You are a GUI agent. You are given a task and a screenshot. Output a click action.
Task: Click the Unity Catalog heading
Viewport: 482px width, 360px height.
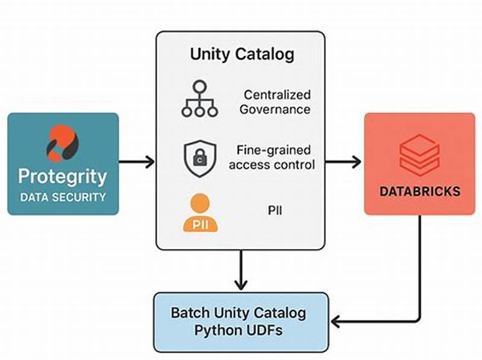click(242, 54)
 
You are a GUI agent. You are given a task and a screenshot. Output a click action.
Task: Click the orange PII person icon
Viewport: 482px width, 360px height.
click(199, 213)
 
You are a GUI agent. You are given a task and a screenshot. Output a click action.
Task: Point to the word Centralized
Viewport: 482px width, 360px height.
click(277, 95)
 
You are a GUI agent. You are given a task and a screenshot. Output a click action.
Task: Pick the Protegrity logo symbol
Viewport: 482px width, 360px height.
click(62, 144)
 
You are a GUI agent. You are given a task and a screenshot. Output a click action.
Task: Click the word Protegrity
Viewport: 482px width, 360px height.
click(62, 177)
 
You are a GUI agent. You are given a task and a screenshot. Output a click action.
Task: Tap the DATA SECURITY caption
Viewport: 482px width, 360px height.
click(62, 197)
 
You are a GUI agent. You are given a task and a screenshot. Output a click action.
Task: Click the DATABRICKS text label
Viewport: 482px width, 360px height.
click(419, 192)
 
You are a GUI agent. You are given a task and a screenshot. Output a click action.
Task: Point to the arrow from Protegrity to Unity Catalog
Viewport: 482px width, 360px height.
click(137, 162)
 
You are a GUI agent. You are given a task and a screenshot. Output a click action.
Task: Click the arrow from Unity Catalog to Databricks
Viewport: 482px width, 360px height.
click(343, 162)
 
